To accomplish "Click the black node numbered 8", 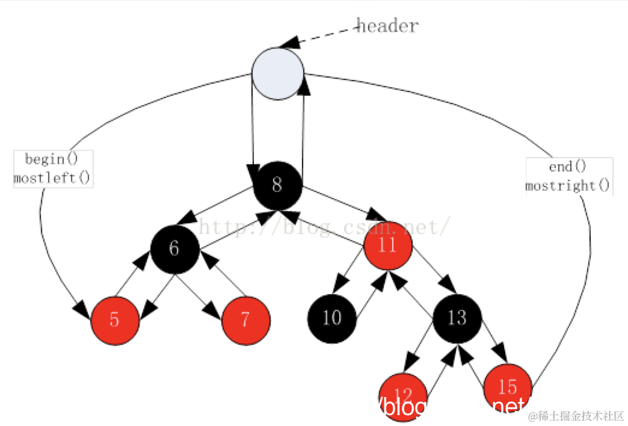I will pyautogui.click(x=277, y=185).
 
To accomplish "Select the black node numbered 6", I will pyautogui.click(x=174, y=248).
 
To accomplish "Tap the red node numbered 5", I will pyautogui.click(x=115, y=320).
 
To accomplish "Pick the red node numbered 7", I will pyautogui.click(x=245, y=320).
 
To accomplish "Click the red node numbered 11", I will pyautogui.click(x=388, y=245).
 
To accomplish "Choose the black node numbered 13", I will pyautogui.click(x=457, y=317).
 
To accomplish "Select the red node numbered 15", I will pyautogui.click(x=508, y=386).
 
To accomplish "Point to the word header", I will pyautogui.click(x=388, y=26).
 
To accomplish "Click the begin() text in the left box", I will pyautogui.click(x=52, y=159).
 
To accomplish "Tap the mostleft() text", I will pyautogui.click(x=52, y=177).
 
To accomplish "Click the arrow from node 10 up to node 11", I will pyautogui.click(x=370, y=294).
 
